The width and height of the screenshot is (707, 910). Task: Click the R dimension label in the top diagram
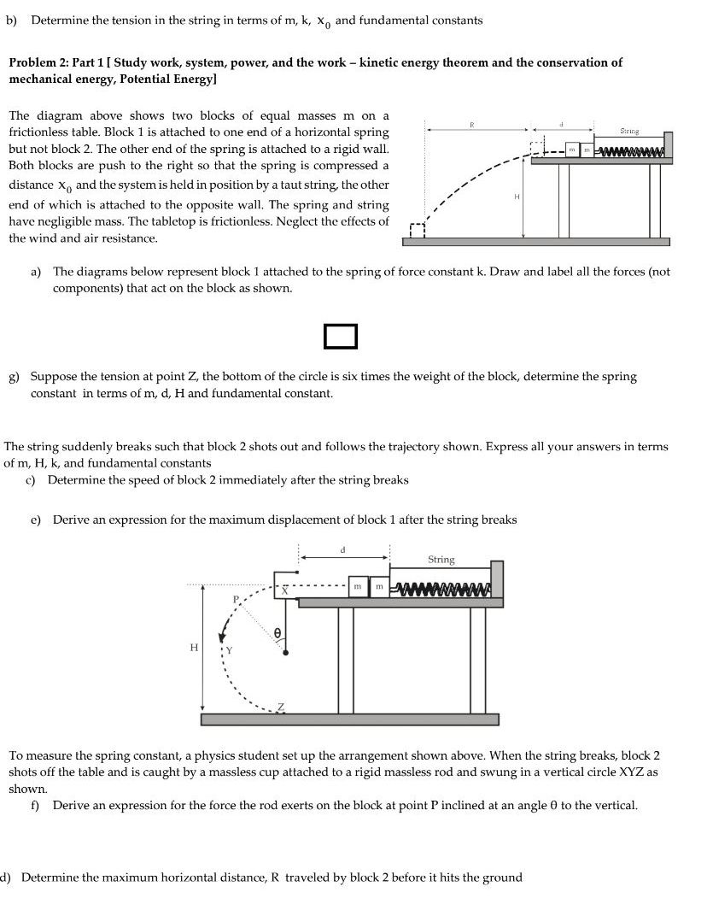470,125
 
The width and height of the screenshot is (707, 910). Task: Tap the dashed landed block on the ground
417,231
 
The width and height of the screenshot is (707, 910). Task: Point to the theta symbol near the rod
278,632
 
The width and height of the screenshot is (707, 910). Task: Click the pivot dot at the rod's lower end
284,653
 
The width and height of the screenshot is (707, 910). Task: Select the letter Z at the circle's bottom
283,707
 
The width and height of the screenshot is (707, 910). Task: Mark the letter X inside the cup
285,590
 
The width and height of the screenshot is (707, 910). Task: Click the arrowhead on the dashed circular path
224,635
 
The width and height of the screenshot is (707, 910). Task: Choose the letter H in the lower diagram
192,648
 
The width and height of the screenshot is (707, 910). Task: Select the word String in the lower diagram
441,560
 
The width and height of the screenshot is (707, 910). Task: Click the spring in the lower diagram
441,589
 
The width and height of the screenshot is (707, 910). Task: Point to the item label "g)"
15,376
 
